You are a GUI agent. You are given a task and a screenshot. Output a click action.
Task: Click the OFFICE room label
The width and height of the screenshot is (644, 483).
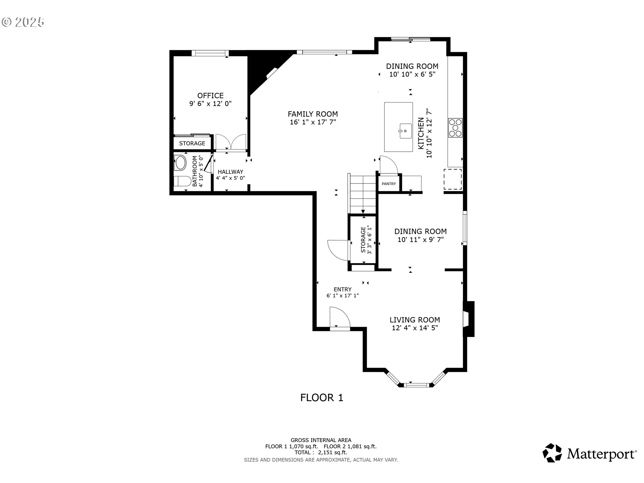click(210, 96)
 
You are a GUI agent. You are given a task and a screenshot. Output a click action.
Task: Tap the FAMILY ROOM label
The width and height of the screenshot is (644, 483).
click(313, 114)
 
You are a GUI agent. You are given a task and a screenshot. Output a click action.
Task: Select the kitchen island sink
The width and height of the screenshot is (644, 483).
click(405, 131)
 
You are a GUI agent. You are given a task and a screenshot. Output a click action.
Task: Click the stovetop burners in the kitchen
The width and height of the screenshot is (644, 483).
click(455, 127)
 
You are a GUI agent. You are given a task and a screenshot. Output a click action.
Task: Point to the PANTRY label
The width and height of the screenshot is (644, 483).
click(389, 184)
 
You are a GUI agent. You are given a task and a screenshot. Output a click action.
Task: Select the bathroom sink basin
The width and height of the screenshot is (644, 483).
click(180, 163)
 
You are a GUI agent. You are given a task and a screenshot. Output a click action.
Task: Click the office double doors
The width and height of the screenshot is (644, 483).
click(230, 142)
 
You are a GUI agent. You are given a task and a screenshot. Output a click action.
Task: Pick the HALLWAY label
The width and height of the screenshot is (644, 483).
click(230, 172)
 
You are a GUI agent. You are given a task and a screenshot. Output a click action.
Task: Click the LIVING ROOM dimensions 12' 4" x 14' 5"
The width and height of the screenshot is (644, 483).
click(415, 328)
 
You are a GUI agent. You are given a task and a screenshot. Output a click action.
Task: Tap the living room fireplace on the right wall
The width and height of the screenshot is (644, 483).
click(468, 319)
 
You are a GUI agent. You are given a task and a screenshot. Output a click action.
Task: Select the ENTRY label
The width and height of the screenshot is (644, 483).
click(342, 289)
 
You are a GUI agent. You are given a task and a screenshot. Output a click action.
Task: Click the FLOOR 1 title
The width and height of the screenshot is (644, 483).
click(322, 398)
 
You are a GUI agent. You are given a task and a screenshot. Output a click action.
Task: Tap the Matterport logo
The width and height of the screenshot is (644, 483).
click(589, 453)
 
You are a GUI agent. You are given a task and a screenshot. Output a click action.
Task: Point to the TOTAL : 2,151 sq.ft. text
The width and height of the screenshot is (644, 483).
click(321, 452)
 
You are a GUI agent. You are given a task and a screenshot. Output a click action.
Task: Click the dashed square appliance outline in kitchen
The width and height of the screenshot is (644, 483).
click(452, 179)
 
